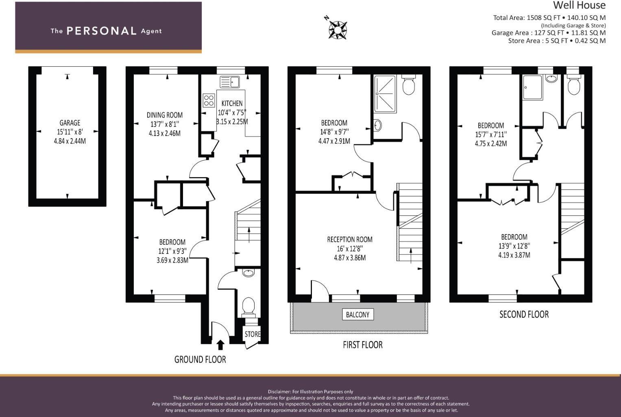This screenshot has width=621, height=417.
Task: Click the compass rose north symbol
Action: click(x=337, y=28)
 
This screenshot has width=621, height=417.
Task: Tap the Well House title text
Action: click(x=579, y=6)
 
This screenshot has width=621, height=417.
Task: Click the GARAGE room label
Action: click(x=70, y=123)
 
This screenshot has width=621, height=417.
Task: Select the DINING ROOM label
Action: click(x=164, y=115)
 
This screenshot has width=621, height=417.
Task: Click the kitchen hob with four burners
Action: click(x=209, y=100)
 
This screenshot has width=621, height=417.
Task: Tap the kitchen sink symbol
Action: click(x=230, y=82)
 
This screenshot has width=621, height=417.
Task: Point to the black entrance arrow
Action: click(x=220, y=345)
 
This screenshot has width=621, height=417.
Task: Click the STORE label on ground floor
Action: click(x=252, y=334)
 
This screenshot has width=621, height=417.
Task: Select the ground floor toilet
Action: click(x=248, y=307)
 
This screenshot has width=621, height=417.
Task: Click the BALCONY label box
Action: click(x=357, y=315)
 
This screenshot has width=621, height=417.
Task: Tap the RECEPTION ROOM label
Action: click(x=350, y=239)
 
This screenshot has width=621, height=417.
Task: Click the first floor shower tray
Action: click(x=385, y=94)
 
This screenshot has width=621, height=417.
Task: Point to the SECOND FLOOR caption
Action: click(x=524, y=314)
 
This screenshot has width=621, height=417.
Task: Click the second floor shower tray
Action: click(x=533, y=87)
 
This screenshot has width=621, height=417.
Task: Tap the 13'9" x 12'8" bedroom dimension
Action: click(x=514, y=246)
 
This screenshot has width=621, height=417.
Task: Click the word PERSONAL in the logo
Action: click(x=101, y=31)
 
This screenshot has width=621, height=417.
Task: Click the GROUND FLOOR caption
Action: click(x=200, y=359)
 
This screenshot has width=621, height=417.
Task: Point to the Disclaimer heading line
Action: click(x=310, y=391)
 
